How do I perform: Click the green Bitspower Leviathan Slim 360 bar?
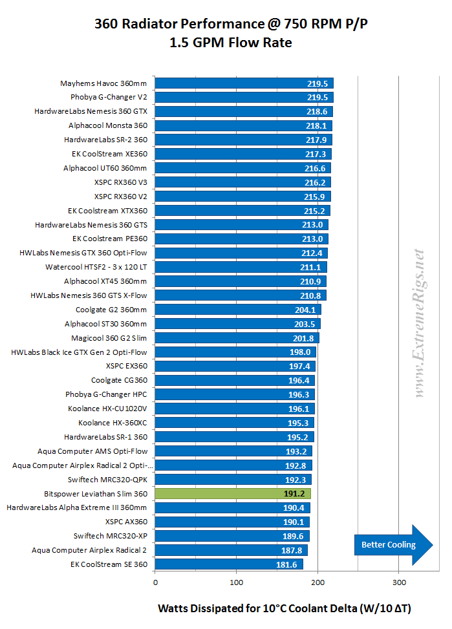click(233, 494)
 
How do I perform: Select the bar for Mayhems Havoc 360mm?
click(244, 83)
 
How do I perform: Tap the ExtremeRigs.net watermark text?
click(420, 323)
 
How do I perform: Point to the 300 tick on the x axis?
click(399, 582)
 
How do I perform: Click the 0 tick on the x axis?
click(155, 582)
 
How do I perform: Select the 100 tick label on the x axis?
click(237, 582)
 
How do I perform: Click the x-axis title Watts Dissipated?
click(285, 608)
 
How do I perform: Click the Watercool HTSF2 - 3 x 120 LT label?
click(96, 267)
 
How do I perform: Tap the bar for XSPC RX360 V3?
click(242, 182)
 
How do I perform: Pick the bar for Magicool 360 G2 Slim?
click(237, 337)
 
